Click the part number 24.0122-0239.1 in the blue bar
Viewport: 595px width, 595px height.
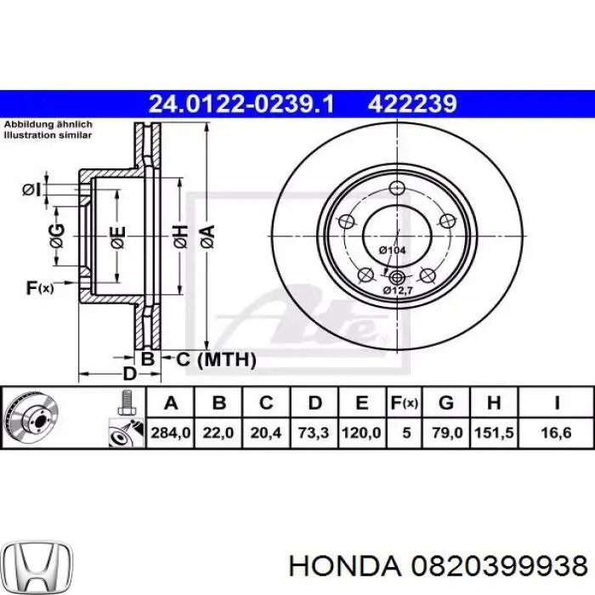[241, 104]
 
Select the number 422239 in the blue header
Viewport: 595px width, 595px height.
[412, 104]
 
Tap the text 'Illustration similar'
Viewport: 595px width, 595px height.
[48, 134]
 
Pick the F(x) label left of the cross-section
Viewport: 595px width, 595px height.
[39, 289]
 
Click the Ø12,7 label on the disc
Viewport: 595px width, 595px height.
[396, 291]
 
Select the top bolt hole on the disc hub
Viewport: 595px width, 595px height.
[395, 189]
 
